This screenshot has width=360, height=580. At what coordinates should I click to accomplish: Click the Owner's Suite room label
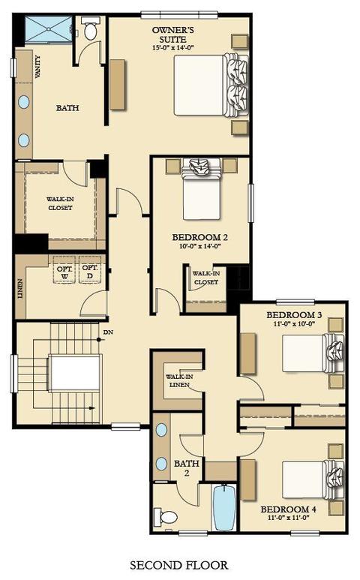[173, 35]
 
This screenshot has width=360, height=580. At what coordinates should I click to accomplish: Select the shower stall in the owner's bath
[49, 29]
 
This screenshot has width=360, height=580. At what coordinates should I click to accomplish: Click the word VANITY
[37, 67]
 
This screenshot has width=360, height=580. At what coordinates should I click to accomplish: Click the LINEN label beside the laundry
[20, 289]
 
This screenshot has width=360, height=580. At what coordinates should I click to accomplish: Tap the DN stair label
[108, 332]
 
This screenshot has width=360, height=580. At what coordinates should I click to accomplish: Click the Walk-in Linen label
[179, 380]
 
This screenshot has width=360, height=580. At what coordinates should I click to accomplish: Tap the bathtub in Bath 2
[224, 507]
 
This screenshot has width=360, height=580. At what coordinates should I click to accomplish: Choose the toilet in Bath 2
[166, 516]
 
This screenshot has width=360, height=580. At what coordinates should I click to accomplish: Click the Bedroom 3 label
[294, 315]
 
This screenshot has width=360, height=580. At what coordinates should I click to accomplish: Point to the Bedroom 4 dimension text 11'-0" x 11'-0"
[288, 518]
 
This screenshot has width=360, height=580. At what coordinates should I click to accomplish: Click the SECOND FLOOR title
[179, 565]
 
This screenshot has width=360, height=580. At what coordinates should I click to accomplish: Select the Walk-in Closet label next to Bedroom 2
[205, 278]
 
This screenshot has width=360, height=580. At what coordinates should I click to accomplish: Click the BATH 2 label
[187, 468]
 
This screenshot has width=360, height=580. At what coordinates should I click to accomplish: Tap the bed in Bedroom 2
[202, 188]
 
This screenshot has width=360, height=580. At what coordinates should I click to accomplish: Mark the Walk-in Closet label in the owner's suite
[60, 203]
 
